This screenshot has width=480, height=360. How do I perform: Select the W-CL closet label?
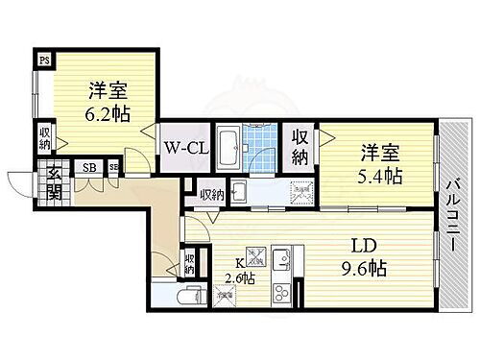coord(183,149)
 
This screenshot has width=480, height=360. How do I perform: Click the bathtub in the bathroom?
coord(229,151)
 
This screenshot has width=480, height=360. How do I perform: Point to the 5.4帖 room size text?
coord(381,176)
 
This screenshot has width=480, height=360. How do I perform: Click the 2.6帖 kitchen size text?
coord(240,278)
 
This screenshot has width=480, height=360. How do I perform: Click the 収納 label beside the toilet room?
coord(190,264)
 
